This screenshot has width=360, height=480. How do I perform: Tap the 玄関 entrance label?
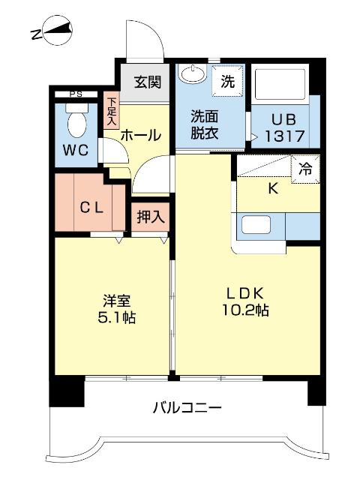pyautogui.click(x=147, y=82)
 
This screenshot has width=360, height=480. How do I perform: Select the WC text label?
pyautogui.click(x=75, y=149)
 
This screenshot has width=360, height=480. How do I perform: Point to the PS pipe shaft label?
pyautogui.click(x=75, y=94)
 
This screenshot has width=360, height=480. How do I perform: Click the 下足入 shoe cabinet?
pyautogui.click(x=112, y=111)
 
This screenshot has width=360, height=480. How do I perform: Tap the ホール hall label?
pyautogui.click(x=140, y=136)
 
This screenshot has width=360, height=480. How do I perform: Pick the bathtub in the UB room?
pyautogui.click(x=279, y=83)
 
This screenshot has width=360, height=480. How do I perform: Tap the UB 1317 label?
pyautogui.click(x=282, y=128)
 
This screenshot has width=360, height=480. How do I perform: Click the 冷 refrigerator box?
pyautogui.click(x=306, y=169)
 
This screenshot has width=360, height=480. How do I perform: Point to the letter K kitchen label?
pyautogui.click(x=273, y=188)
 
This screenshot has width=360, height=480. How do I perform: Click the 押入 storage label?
pyautogui.click(x=150, y=217)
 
